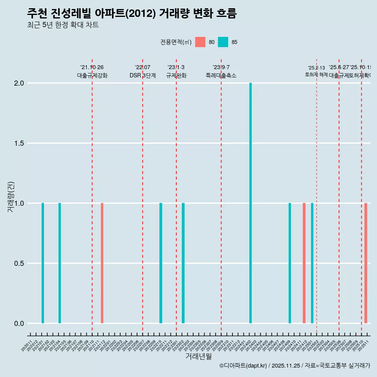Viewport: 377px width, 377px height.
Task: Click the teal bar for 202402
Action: click(251, 203)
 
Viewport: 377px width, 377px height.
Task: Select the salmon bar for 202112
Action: click(102, 263)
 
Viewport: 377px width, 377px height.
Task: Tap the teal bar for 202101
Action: click(43, 263)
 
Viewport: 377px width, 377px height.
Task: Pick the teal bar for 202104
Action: click(60, 263)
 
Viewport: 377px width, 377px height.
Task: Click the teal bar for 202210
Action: click(161, 263)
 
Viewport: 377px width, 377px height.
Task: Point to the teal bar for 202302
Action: click(183, 263)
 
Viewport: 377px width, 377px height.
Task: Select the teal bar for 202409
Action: click(290, 263)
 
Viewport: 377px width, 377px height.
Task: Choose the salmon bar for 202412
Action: click(304, 263)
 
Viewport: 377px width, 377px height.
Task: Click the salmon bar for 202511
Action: click(366, 263)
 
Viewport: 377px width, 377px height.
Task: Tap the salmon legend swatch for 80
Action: click(200, 42)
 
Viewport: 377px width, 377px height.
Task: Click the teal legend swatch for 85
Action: click(223, 42)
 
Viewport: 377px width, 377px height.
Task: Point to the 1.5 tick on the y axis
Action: click(19, 143)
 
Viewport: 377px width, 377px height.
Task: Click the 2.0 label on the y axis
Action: click(19, 83)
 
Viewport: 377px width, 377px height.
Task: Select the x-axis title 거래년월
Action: click(198, 356)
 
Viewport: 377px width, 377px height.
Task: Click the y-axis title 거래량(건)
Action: click(11, 196)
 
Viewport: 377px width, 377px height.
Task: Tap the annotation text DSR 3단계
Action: click(143, 75)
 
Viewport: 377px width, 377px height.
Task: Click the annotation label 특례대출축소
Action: click(221, 75)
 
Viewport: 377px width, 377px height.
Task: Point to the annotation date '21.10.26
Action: click(92, 68)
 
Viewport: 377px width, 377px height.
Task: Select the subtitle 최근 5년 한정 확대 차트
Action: click(63, 25)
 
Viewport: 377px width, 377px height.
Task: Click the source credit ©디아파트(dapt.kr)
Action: click(243, 366)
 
